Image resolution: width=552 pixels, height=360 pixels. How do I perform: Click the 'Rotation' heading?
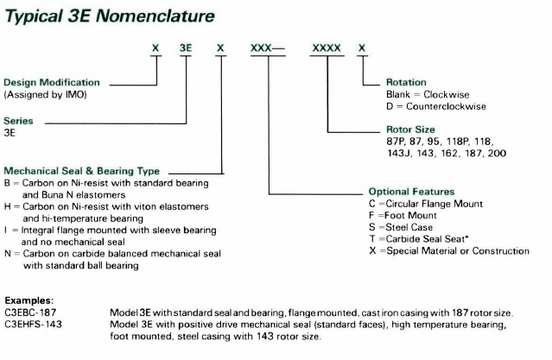point(406,82)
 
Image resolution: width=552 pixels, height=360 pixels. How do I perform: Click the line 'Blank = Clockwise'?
point(427,94)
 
